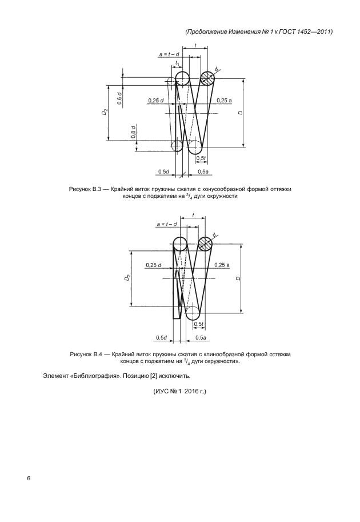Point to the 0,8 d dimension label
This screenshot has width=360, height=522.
tap(133, 133)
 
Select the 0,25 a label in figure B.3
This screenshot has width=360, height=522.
tap(224, 100)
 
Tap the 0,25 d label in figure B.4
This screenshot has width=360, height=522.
tap(154, 265)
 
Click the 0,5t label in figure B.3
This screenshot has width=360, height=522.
tap(201, 158)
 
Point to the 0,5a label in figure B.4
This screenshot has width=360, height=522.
tap(201, 337)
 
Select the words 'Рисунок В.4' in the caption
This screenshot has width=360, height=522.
tap(85, 354)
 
